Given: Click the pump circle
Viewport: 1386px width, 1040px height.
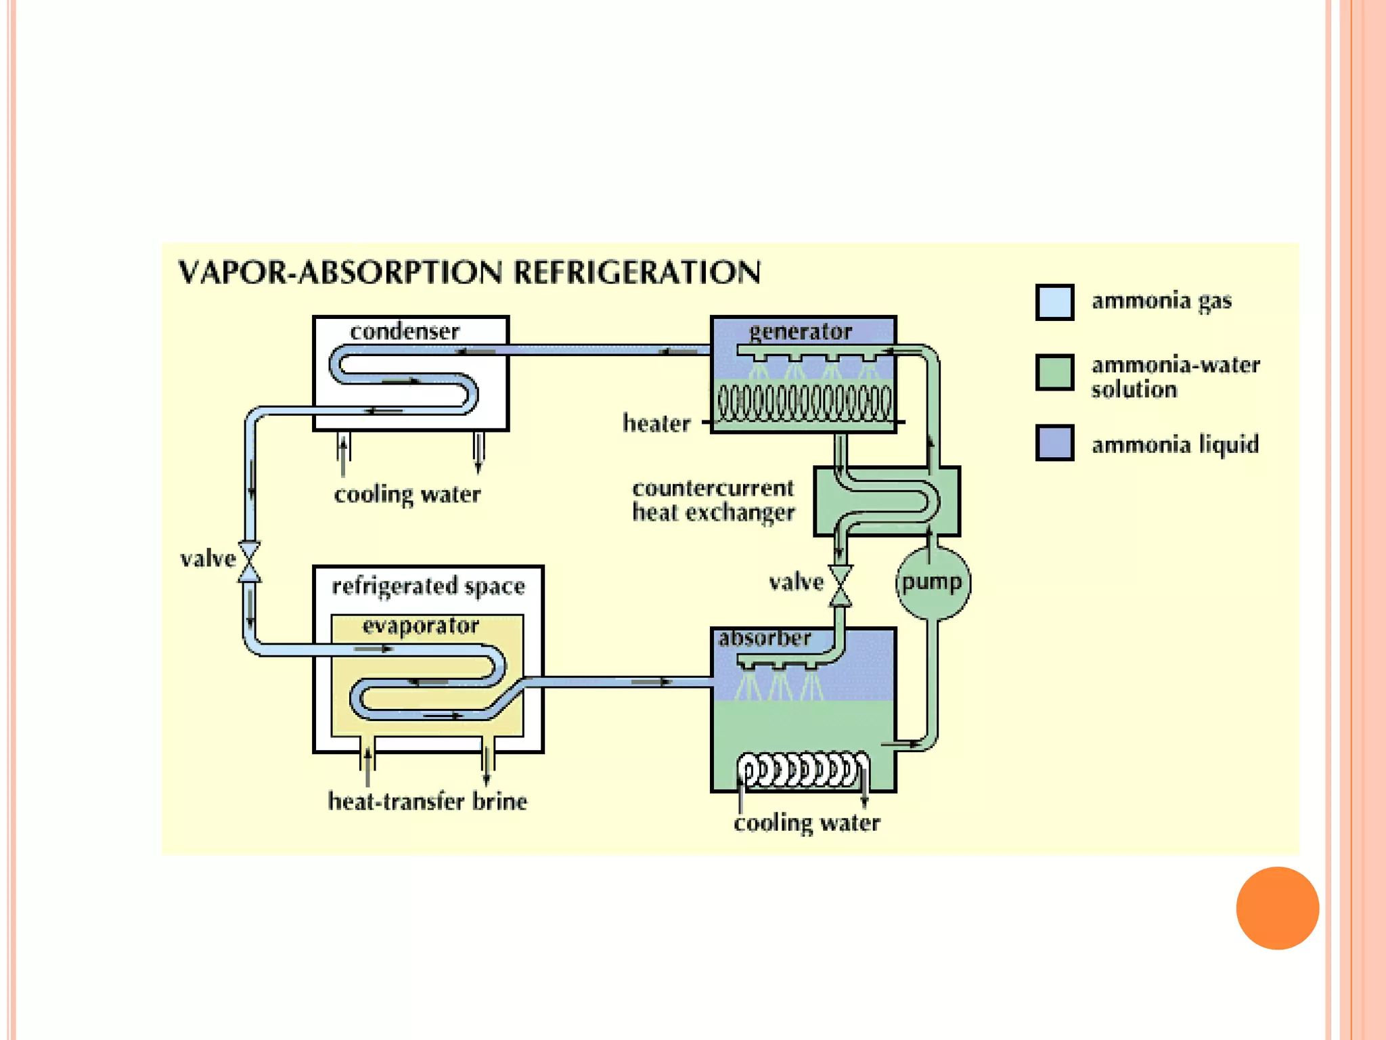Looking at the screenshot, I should pos(933,583).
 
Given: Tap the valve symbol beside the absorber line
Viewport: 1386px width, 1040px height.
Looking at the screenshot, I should pos(841,586).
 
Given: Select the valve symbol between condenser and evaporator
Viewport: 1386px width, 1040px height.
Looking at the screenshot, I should pos(249,561).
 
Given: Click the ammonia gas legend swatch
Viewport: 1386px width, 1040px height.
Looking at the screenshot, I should pos(1054,302).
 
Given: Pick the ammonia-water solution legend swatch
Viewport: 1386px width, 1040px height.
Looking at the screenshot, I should pos(1054,372).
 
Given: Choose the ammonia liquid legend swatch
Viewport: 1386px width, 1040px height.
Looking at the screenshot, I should pos(1054,443).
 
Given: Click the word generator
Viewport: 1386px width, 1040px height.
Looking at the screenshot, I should pos(801,332).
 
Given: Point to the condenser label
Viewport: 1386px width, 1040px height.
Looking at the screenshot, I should pos(405,332).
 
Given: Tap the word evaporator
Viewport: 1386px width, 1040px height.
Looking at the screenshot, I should pos(420,626).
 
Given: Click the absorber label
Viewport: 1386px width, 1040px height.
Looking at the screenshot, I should pos(764,638).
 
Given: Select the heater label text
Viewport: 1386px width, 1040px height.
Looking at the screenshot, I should pos(656,424).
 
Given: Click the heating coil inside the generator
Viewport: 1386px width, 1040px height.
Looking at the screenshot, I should pos(804,403).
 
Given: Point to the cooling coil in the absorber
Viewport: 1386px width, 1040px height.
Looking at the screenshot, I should pos(803,771).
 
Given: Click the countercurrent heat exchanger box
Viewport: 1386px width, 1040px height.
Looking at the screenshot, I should pos(887,501).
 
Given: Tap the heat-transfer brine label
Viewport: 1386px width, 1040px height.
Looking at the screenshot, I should pos(427,802).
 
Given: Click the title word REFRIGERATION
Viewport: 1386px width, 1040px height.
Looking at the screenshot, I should pos(637,273).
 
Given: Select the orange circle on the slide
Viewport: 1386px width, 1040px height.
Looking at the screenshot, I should pos(1277,908).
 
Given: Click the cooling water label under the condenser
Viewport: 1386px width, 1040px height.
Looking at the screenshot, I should pos(407,495).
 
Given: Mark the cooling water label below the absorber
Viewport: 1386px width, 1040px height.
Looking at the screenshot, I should pos(807,823).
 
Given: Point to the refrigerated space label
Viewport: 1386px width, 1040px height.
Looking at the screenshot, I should pos(428,586).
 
